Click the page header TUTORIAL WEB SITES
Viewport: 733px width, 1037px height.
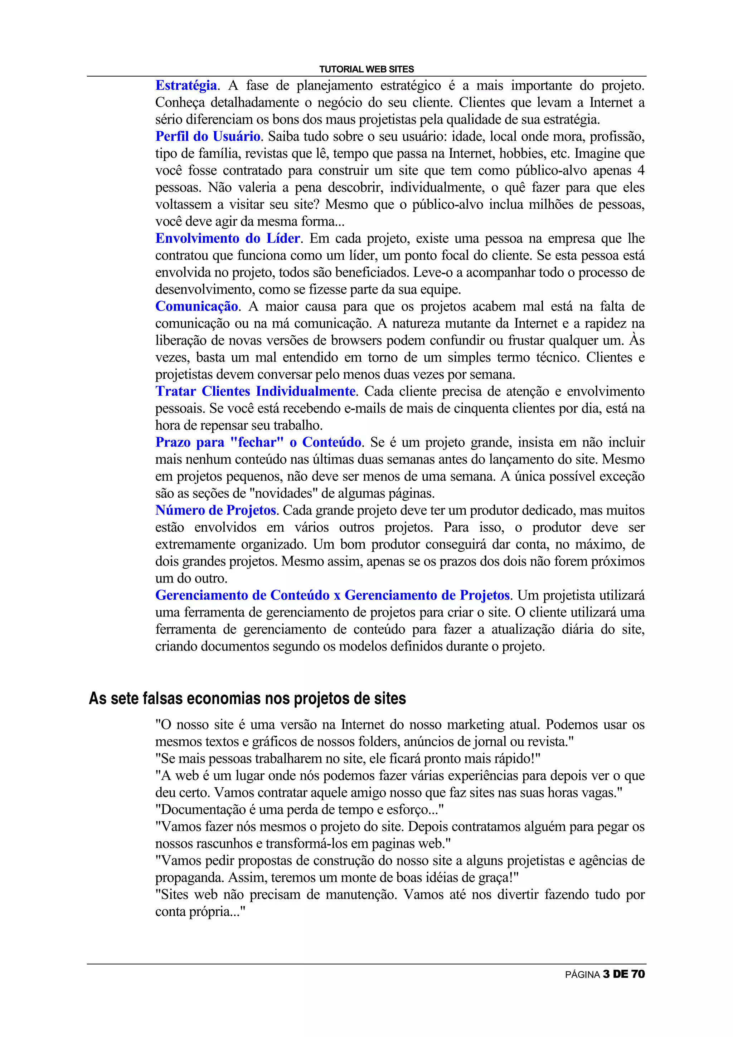[366, 69]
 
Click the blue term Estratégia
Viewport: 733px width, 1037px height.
[186, 86]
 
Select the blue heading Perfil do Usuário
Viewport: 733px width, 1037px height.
[208, 136]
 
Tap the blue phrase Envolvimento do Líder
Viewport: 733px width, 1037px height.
[228, 238]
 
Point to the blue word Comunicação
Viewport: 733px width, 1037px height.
[196, 306]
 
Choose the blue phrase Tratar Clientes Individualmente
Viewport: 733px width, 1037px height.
[255, 391]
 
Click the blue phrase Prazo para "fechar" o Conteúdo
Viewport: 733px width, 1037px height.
[258, 442]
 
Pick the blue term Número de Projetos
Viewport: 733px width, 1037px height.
[215, 510]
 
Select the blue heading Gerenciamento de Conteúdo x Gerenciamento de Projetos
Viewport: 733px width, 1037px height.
[332, 595]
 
